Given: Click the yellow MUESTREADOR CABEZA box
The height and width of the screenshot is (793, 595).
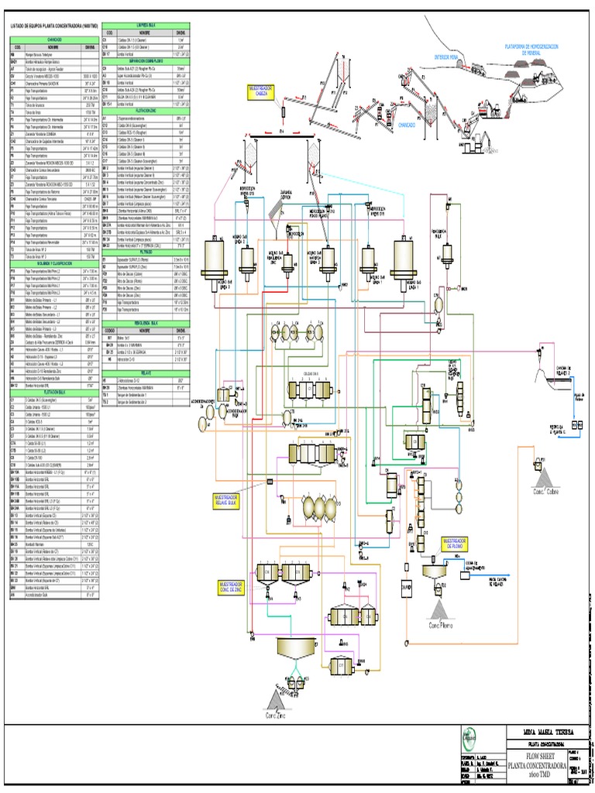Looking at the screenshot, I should pos(260,92).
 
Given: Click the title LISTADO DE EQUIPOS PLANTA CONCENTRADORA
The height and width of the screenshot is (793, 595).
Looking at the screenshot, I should pos(52,25).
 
